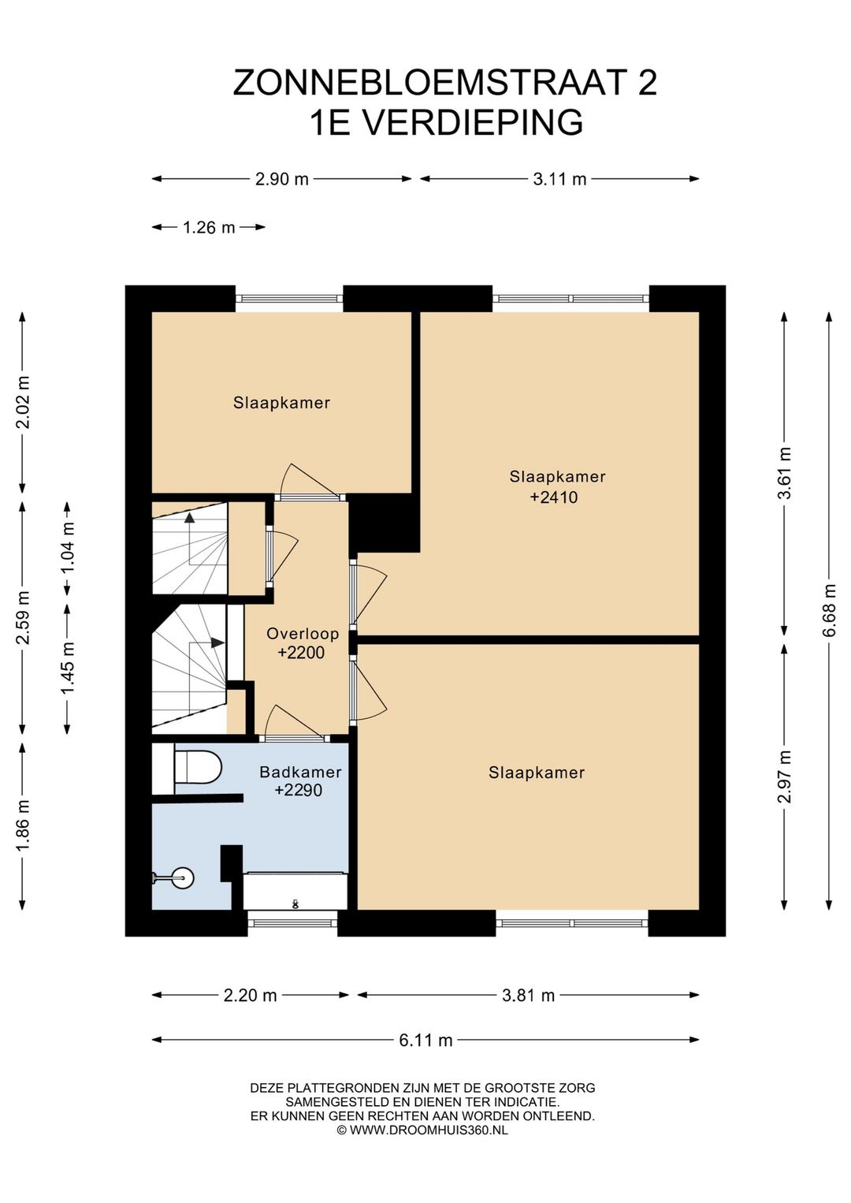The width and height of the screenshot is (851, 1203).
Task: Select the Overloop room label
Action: point(303,634)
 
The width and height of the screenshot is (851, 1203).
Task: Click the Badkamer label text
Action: point(300,773)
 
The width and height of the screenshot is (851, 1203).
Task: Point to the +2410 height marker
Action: point(554,497)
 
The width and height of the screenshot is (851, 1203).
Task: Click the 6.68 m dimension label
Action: point(830,611)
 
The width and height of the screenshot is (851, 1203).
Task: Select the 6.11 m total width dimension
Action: point(425,1041)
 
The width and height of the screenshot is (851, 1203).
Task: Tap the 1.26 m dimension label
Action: point(209,228)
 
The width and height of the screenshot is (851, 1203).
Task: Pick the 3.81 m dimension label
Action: point(528,996)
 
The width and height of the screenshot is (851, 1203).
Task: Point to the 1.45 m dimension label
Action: point(68,668)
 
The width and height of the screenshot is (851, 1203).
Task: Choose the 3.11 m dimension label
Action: point(559,179)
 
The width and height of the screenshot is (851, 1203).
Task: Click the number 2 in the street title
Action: point(648,82)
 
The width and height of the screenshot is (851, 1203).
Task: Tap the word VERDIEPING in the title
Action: point(474,122)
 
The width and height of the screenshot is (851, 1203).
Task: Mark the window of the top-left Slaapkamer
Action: point(289,299)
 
